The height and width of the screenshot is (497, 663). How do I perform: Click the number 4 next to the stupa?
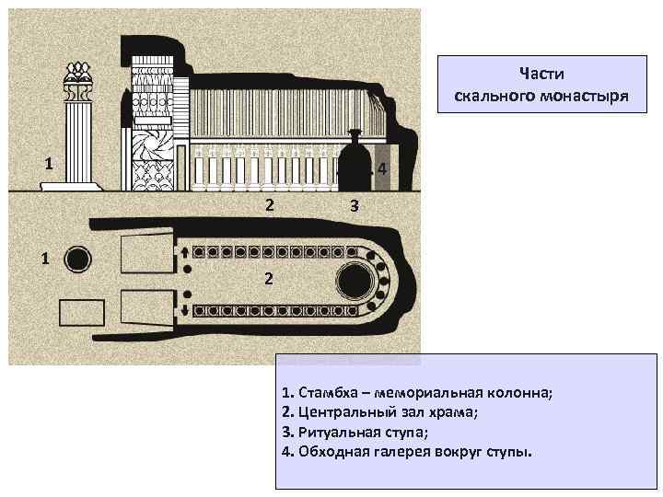click(381, 171)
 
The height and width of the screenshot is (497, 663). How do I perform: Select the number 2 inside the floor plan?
click(267, 278)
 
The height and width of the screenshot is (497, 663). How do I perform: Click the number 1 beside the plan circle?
click(44, 257)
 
